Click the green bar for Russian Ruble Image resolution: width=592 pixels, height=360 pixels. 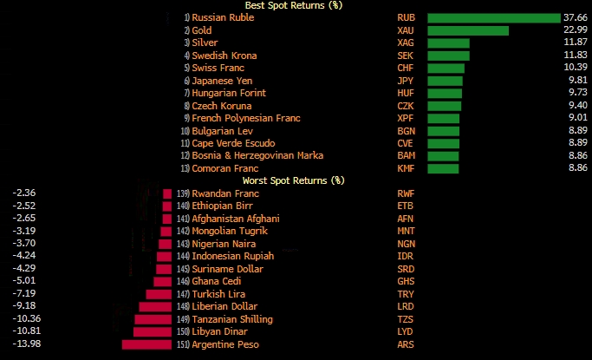(493, 17)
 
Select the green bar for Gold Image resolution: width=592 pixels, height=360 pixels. (467, 30)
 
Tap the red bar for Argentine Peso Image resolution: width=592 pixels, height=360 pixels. (147, 344)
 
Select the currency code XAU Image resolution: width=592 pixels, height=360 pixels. (406, 30)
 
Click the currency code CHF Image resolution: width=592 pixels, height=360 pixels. (406, 68)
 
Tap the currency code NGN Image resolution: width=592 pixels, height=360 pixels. (406, 244)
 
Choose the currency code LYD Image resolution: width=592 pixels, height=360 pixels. (406, 332)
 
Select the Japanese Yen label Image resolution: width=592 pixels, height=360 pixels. (224, 81)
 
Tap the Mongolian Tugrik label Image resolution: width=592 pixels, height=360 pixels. (230, 232)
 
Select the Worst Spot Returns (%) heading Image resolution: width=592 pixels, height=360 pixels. (293, 180)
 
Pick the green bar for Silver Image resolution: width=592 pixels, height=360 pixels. (448, 43)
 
